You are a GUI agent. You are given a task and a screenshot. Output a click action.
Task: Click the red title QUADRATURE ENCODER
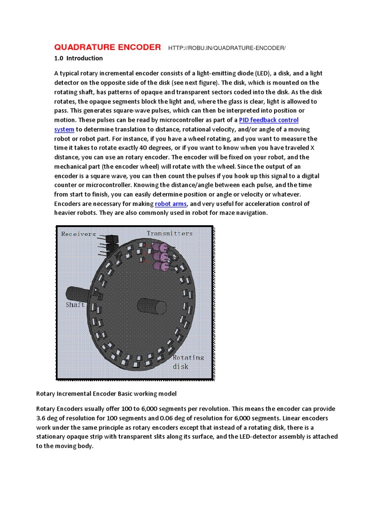[107, 48]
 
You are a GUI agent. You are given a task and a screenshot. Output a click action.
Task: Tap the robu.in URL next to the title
[227, 48]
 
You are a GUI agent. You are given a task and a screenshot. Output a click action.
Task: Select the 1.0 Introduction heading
[79, 58]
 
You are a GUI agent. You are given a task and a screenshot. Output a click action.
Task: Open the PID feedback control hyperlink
[269, 120]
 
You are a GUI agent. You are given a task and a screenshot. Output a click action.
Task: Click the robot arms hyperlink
[171, 204]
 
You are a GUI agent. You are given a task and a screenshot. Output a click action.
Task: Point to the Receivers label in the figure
[79, 234]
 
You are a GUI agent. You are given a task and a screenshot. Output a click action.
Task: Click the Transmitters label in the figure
[170, 233]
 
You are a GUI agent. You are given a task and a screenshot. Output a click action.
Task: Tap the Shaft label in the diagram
[75, 305]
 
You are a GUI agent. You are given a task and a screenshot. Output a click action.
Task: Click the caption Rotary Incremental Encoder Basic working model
[106, 394]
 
